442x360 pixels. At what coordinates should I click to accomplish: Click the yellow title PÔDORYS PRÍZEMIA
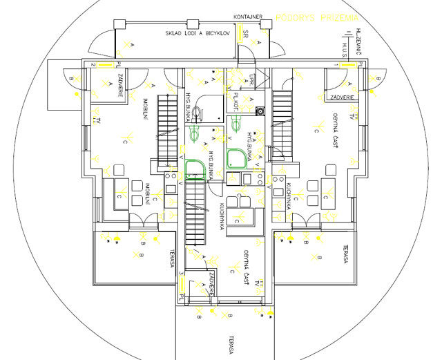317,16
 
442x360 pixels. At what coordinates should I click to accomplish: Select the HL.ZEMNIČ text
360,40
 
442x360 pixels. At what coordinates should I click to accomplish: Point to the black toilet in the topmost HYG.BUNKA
198,112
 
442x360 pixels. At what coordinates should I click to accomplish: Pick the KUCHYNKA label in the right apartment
287,207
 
